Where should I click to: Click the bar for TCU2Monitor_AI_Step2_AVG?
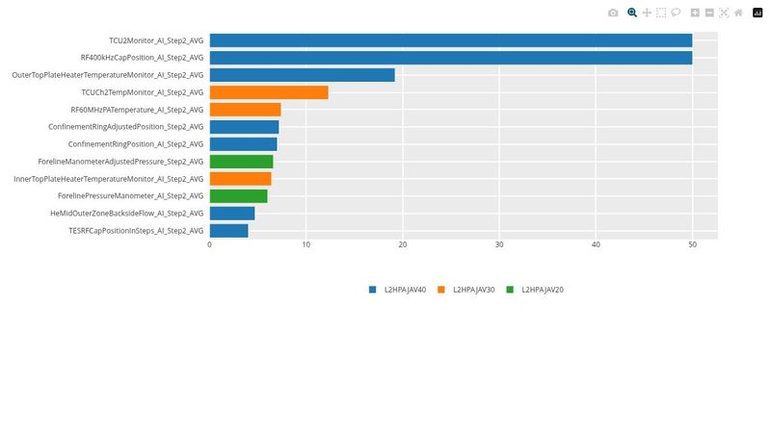[450, 40]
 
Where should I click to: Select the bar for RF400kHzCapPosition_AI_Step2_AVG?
[450, 58]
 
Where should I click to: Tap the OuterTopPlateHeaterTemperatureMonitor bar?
[302, 75]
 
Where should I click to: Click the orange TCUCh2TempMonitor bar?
[269, 92]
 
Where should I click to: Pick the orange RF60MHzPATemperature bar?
[245, 110]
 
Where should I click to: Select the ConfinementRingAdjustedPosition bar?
[244, 127]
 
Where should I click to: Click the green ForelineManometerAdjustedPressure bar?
[241, 162]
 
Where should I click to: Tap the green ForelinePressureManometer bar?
[238, 196]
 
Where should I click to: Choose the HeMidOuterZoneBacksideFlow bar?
[232, 214]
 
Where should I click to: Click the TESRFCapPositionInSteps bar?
[228, 231]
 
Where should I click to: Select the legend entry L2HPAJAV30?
[473, 290]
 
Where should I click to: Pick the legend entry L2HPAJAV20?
[542, 290]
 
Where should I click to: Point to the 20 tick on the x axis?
[403, 245]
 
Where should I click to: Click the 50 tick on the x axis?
[692, 245]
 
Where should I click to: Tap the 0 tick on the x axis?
[210, 245]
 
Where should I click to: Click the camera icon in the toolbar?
[613, 13]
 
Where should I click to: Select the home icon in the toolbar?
[738, 13]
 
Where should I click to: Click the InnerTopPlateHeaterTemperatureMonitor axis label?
[108, 179]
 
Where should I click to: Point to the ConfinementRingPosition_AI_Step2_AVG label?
[136, 144]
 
